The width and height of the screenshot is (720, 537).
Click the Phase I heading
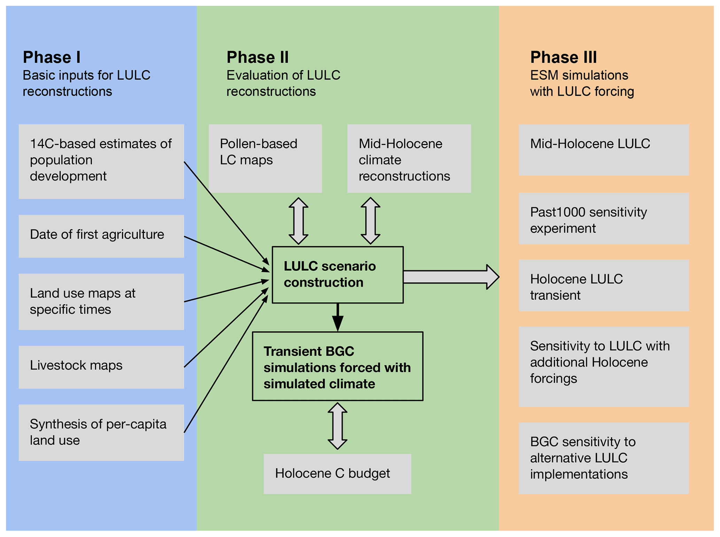[x=52, y=57]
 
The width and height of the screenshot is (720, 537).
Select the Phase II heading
[x=257, y=57]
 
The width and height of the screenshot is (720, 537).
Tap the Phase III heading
[x=563, y=57]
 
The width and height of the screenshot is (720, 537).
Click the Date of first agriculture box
[x=101, y=236]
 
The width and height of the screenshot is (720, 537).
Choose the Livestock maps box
[x=101, y=367]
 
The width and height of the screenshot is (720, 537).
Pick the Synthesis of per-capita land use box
[x=101, y=432]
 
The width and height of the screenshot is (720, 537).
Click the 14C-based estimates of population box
[x=101, y=161]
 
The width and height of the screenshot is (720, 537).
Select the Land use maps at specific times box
[x=101, y=301]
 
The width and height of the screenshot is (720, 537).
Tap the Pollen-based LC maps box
[x=265, y=158]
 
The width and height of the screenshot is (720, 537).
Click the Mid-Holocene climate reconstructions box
[x=409, y=158]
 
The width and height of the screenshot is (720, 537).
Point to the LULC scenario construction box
[x=337, y=275]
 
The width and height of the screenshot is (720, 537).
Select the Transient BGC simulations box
[x=337, y=366]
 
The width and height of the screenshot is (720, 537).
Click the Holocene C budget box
[x=337, y=473]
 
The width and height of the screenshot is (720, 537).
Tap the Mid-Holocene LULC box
[x=603, y=150]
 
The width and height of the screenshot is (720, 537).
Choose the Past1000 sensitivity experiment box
[x=603, y=218]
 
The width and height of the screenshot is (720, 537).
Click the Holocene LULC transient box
[x=603, y=285]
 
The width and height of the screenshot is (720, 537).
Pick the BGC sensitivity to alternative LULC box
[x=603, y=458]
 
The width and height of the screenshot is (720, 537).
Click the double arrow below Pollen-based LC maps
[x=298, y=221]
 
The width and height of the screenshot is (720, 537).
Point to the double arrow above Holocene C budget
[x=337, y=426]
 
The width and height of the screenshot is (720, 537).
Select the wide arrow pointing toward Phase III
[x=451, y=277]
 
